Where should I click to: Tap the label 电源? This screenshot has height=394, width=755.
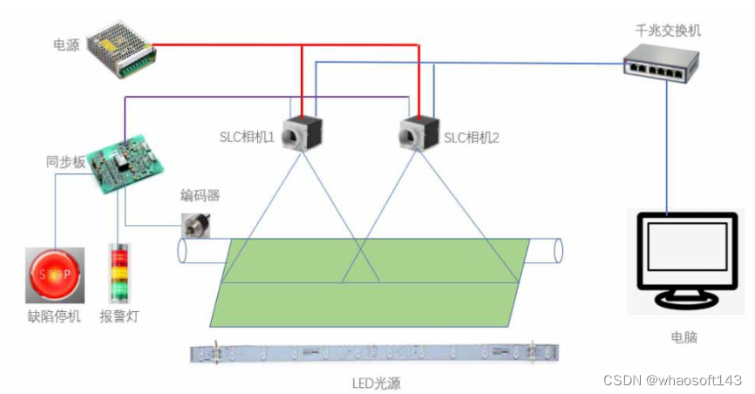(x=66, y=44)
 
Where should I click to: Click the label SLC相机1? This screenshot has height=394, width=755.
(x=247, y=137)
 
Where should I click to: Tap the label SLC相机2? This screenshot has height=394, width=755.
(x=472, y=137)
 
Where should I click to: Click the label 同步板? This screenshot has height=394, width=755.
(x=65, y=161)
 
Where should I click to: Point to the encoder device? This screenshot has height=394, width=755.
(x=195, y=226)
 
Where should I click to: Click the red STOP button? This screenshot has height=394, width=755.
(x=54, y=275)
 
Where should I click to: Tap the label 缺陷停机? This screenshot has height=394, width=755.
(x=54, y=316)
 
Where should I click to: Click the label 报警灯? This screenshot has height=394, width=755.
(x=119, y=316)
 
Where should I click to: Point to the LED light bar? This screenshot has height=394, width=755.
(x=375, y=353)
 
